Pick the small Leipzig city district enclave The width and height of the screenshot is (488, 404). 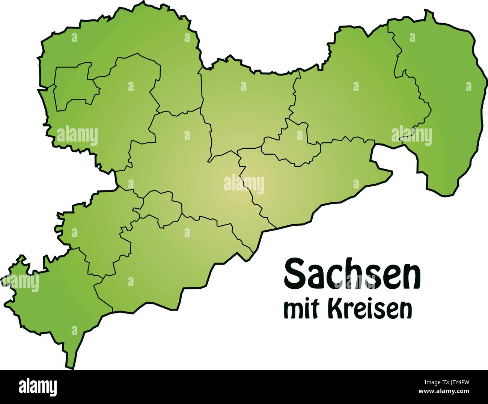pos(73,88)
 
